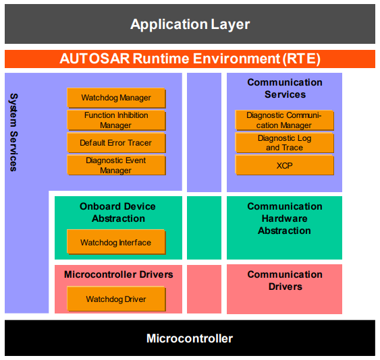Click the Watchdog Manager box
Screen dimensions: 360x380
[116, 98]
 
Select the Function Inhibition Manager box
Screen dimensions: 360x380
[116, 121]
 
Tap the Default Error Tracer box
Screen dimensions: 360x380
[116, 143]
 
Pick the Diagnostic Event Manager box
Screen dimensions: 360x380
[116, 166]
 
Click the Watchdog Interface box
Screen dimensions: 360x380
[116, 243]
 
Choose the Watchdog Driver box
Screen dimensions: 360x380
[116, 299]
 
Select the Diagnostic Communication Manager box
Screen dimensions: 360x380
[284, 121]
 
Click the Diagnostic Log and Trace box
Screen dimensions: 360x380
[284, 143]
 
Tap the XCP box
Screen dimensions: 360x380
[284, 165]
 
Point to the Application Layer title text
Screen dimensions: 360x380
[190, 25]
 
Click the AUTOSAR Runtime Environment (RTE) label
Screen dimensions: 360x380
[190, 59]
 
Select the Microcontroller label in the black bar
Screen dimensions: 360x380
[190, 338]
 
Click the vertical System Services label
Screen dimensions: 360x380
[13, 131]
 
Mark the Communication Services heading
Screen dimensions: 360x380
[284, 88]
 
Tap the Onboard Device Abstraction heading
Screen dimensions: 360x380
[118, 212]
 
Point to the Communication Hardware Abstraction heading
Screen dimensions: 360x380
[284, 218]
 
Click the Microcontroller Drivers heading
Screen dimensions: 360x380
[118, 275]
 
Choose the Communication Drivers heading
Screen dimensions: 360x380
[284, 280]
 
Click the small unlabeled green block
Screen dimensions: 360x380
[204, 228]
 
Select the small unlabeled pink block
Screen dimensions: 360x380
[204, 289]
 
